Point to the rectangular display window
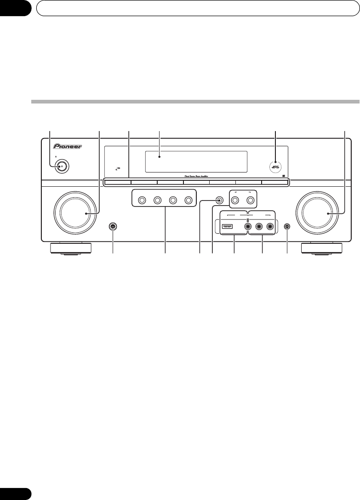click(x=196, y=161)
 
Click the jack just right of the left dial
click(x=112, y=226)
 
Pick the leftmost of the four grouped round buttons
click(x=142, y=201)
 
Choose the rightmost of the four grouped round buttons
click(x=188, y=201)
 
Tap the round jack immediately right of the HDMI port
click(x=248, y=226)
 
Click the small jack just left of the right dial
click(x=287, y=226)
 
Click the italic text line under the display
click(x=196, y=176)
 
